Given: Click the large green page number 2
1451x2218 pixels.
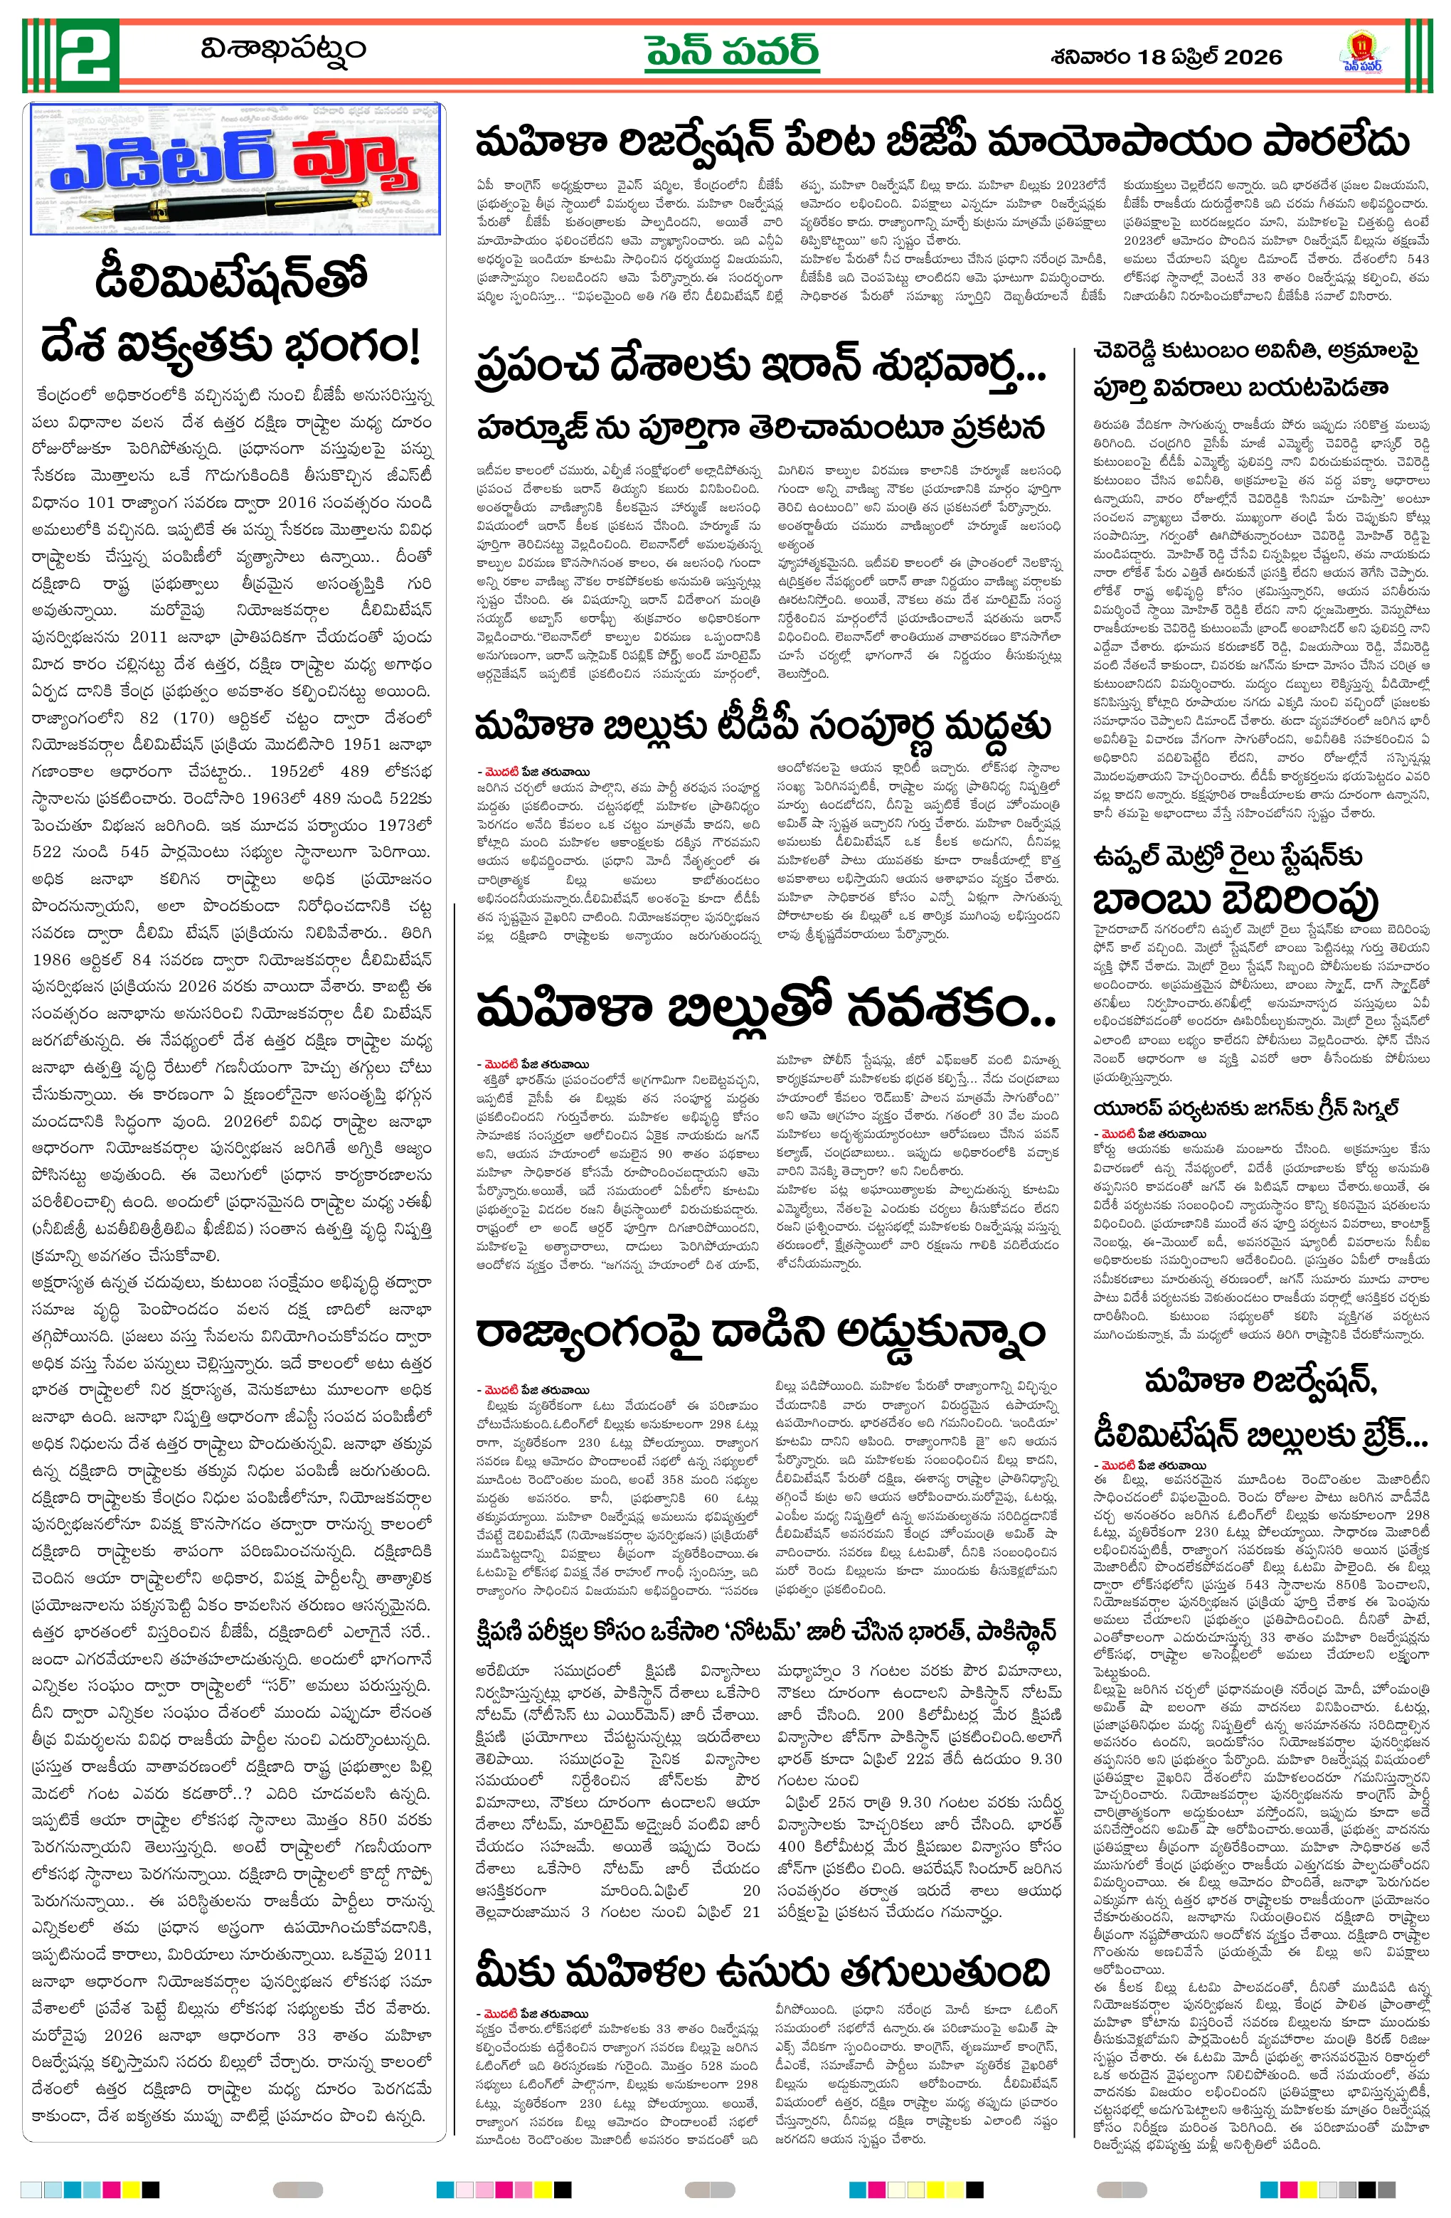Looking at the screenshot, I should (x=87, y=54).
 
